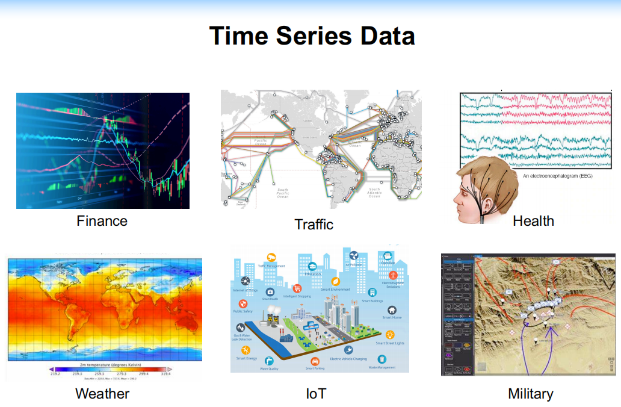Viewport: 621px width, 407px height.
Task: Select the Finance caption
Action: tap(102, 221)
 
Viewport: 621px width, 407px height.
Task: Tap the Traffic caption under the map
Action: tap(314, 225)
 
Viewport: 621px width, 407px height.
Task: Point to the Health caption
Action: tap(533, 221)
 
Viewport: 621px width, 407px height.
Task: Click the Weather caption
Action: tap(102, 394)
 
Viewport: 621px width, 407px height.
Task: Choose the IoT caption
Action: tap(316, 394)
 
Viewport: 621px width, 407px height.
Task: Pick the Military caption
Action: tap(530, 394)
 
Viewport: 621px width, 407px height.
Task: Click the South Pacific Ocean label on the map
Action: tap(283, 193)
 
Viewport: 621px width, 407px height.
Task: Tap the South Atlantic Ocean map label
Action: tap(374, 192)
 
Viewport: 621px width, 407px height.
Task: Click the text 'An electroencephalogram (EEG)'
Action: tap(558, 176)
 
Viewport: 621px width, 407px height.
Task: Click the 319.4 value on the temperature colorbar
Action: tap(165, 374)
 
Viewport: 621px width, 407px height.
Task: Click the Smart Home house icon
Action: tap(392, 310)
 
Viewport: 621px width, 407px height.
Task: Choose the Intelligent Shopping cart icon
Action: tap(297, 288)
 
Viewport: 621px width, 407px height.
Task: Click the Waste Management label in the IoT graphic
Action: tap(382, 367)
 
